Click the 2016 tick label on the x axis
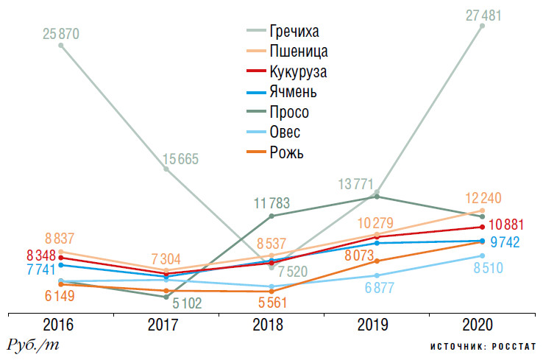pyautogui.click(x=61, y=325)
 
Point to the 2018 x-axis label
pyautogui.click(x=272, y=325)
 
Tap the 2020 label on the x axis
pyautogui.click(x=483, y=325)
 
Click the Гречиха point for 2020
pyautogui.click(x=483, y=26)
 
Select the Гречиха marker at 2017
pyautogui.click(x=166, y=169)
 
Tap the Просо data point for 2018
pyautogui.click(x=272, y=216)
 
